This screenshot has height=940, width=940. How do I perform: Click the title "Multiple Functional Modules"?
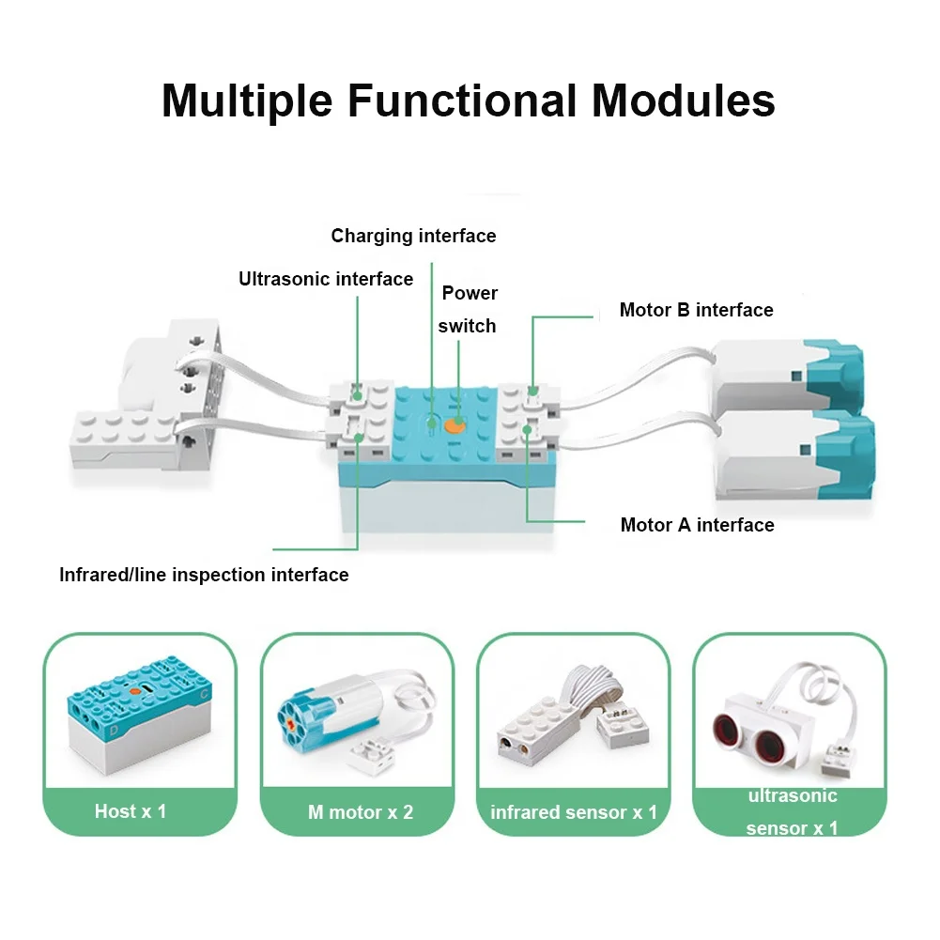coord(469,100)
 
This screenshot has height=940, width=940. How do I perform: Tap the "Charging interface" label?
coord(413,236)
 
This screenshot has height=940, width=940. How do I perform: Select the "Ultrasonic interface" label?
coord(326,279)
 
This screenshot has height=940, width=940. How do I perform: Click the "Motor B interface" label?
coord(696,310)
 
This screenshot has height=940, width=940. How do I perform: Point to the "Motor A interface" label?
coord(697,525)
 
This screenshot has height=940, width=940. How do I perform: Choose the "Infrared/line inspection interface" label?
coord(204,575)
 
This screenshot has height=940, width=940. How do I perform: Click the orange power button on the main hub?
coord(455,424)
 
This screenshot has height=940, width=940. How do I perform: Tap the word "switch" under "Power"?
coord(467,327)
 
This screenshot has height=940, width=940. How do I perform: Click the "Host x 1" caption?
coord(131,810)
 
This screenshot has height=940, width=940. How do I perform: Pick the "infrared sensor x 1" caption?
coord(574,812)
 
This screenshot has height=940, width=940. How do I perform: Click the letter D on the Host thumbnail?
coord(113,729)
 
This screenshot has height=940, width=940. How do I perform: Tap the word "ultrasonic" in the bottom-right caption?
coord(792,796)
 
